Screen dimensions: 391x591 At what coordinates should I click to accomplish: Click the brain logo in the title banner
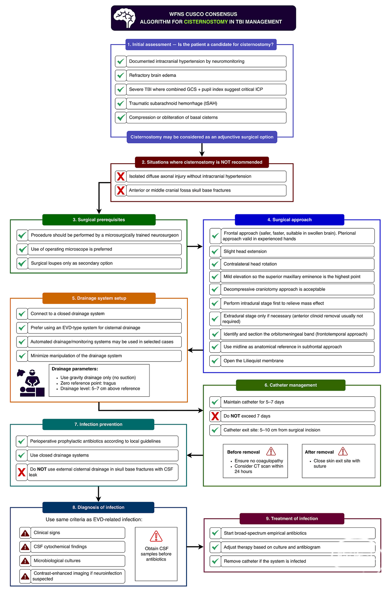pos(125,17)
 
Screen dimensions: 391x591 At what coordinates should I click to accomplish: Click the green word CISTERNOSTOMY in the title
pos(206,22)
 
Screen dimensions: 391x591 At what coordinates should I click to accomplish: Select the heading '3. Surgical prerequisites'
pos(99,220)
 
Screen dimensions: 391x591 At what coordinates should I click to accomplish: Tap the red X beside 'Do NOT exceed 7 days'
pos(215,416)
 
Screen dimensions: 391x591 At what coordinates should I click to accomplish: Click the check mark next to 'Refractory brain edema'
pos(121,75)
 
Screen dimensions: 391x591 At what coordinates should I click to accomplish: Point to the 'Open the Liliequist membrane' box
pos(292,361)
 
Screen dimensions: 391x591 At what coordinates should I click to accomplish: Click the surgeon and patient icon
pos(31,382)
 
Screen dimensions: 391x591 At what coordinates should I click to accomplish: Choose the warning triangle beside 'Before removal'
pos(271,451)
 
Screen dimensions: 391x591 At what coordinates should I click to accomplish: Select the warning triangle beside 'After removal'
pos(343,451)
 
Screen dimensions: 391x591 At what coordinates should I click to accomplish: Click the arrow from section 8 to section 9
pos(195,546)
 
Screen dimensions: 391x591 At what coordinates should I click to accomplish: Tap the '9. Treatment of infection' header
pos(292,519)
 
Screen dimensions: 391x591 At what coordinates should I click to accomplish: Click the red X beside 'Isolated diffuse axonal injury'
pos(121,176)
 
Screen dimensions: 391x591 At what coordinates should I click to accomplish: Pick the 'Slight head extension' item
pos(292,251)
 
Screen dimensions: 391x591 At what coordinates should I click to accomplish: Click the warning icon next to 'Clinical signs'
pos(25,533)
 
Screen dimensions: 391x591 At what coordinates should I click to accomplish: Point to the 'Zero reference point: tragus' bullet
pos(88,383)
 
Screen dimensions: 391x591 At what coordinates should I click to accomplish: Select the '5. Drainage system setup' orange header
pos(99,298)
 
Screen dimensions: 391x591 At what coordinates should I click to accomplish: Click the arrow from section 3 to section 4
pos(195,247)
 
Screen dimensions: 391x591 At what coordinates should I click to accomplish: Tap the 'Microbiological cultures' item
pos(72,560)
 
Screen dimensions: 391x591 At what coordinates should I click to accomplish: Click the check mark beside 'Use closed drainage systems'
pos(21,455)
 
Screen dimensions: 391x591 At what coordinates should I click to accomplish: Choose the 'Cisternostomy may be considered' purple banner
pos(202,137)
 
